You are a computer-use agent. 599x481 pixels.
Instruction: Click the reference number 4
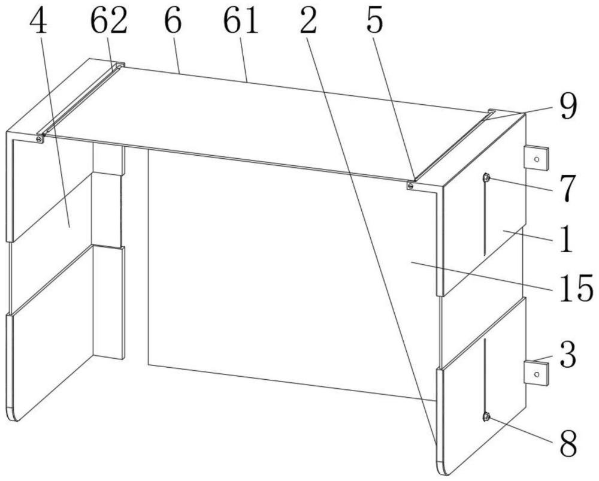38,22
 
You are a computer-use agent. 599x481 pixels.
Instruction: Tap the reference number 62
109,22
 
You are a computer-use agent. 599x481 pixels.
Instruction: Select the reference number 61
241,22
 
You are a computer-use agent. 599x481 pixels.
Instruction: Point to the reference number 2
308,22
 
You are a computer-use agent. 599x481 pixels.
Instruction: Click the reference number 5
374,22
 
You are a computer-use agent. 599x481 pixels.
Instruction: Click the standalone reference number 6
173,22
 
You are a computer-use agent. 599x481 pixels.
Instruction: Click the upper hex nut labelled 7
486,177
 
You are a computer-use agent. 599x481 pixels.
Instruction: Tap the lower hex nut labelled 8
486,416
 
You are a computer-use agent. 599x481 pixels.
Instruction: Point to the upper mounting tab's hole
537,159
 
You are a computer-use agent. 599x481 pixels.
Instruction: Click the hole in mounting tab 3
537,374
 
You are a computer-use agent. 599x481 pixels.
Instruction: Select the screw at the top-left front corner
39,140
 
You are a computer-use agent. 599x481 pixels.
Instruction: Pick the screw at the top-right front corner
411,186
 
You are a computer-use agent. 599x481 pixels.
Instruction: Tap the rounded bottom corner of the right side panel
443,469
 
